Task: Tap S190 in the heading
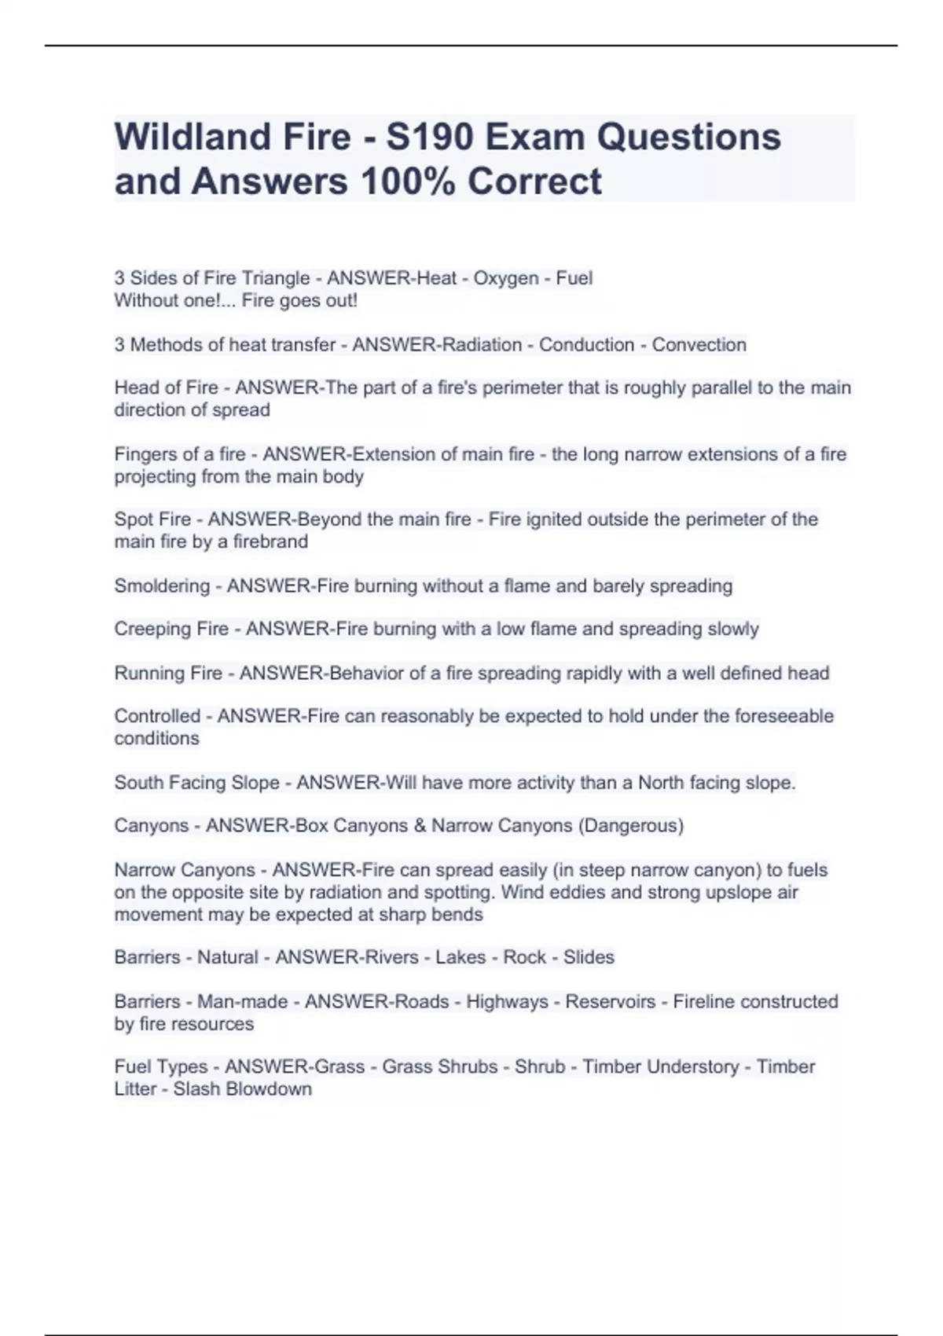[429, 137]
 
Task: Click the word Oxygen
[505, 278]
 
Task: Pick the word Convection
[699, 345]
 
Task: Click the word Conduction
[586, 345]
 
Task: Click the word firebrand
[270, 541]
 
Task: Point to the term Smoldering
[162, 586]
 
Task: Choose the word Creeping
[149, 629]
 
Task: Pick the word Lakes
[460, 957]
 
